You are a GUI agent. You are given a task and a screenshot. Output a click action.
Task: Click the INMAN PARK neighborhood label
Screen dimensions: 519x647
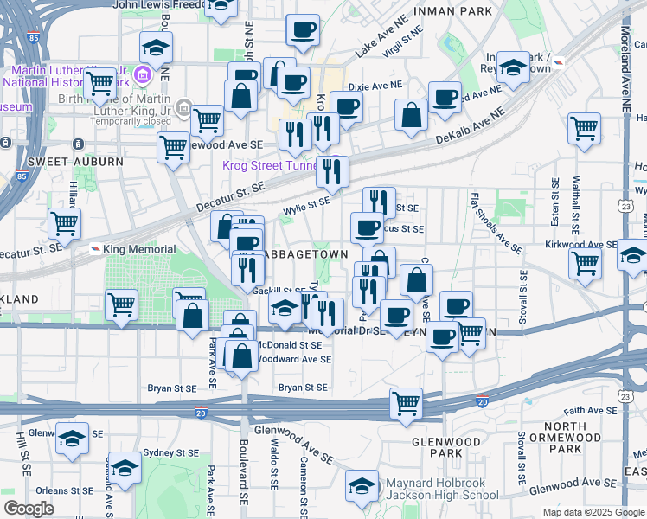coord(453,11)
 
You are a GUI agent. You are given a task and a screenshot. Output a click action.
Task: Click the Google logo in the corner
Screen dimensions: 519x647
coord(29,508)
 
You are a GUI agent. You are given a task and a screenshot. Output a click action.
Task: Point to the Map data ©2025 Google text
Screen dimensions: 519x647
coord(593,512)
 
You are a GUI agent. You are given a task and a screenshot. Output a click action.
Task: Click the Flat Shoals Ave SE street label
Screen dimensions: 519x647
coord(496,223)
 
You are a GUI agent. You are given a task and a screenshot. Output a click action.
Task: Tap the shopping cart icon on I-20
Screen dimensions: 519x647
coord(406,402)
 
